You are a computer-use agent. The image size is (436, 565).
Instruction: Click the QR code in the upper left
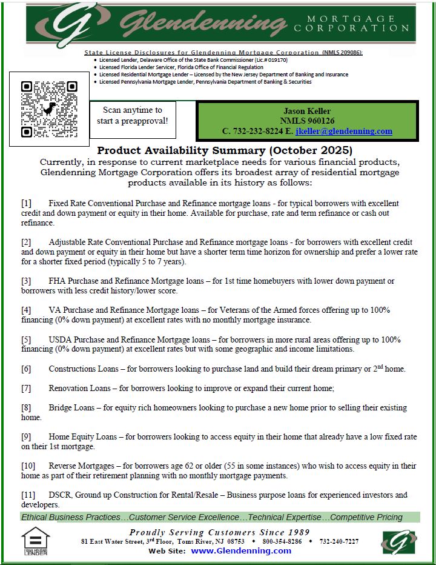[x=50, y=109]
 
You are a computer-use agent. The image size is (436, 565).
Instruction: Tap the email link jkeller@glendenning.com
[x=344, y=131]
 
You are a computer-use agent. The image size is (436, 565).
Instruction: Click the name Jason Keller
[x=308, y=111]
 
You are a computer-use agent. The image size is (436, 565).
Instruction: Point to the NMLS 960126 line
[x=308, y=121]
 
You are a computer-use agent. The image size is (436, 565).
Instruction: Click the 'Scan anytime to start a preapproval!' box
[x=132, y=115]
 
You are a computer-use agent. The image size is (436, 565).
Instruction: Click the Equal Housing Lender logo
[x=36, y=541]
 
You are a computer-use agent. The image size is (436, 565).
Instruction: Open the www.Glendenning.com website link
[x=241, y=551]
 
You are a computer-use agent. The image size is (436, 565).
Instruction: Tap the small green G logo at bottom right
[x=398, y=542]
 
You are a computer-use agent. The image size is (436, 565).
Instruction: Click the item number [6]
[x=27, y=369]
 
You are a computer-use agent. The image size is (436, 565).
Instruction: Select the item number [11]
[x=28, y=495]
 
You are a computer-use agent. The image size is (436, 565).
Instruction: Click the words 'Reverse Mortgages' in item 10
[x=82, y=466]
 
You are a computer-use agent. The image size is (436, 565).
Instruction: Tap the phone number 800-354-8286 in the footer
[x=282, y=541]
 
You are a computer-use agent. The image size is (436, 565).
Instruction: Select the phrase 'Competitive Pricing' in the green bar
[x=366, y=517]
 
